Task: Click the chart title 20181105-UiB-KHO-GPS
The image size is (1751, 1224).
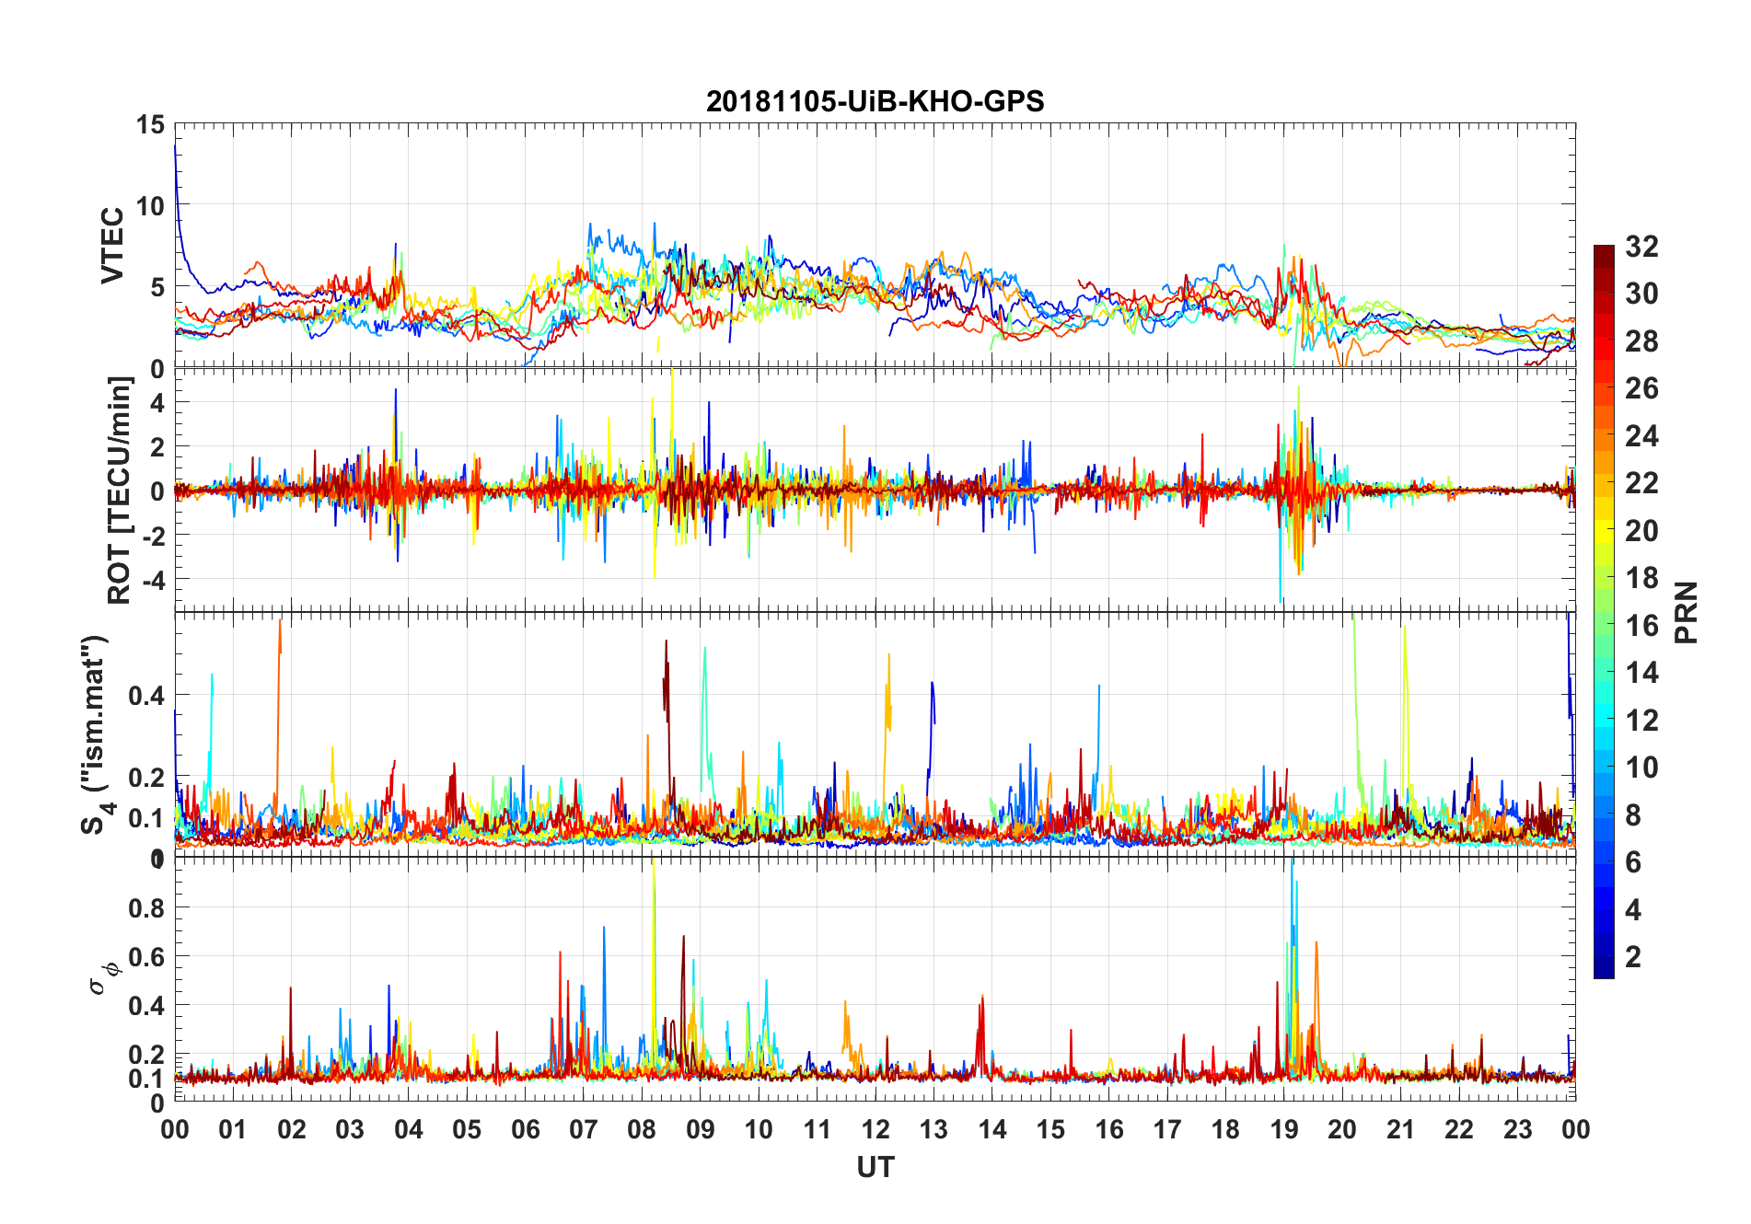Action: [875, 101]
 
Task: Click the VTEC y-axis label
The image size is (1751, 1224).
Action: [112, 246]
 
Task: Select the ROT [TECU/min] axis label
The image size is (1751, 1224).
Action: [120, 490]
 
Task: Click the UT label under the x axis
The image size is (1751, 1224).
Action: [875, 1168]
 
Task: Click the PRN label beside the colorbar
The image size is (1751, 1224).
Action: [1686, 612]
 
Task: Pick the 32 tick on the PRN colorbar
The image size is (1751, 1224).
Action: [1641, 247]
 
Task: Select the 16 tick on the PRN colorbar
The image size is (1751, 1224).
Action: [1641, 626]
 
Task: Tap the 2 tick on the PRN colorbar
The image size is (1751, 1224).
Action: [1633, 957]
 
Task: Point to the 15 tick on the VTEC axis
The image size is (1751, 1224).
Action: [150, 125]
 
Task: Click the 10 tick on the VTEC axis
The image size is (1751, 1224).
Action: [150, 206]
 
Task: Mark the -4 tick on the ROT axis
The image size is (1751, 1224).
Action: [152, 580]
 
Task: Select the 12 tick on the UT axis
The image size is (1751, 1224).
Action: [875, 1129]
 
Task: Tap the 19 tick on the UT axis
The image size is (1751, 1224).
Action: [1284, 1129]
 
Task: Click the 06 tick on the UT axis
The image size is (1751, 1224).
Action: [525, 1129]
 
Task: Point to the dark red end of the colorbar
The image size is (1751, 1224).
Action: [1604, 252]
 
